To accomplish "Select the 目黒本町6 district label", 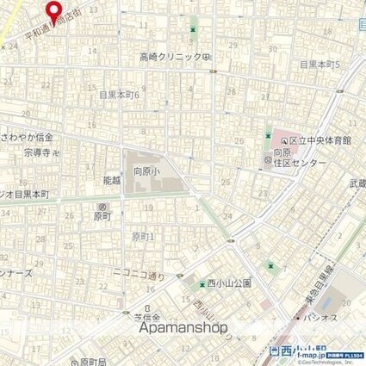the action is tap(119, 94).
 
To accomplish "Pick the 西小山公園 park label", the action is tap(227, 282).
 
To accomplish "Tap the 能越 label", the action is tap(111, 182).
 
